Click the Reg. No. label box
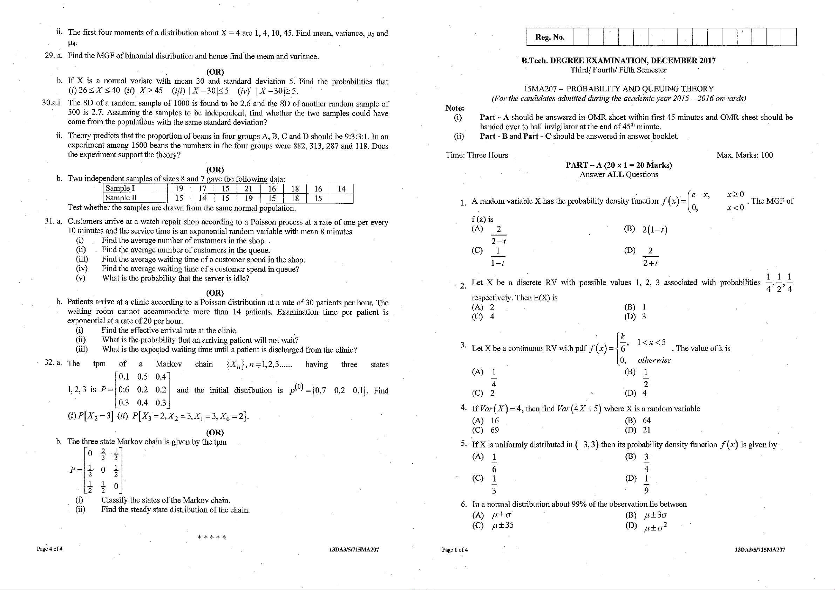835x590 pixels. click(550, 37)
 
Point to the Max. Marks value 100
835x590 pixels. click(767, 155)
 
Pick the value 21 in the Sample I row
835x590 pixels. click(249, 188)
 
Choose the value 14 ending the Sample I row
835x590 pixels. click(341, 189)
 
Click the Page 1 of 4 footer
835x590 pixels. click(455, 550)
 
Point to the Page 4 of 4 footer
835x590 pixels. click(49, 549)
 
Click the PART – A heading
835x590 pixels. click(619, 165)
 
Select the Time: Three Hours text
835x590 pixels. click(476, 155)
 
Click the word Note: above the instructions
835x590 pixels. click(455, 108)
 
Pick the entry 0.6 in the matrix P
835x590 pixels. click(124, 390)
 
